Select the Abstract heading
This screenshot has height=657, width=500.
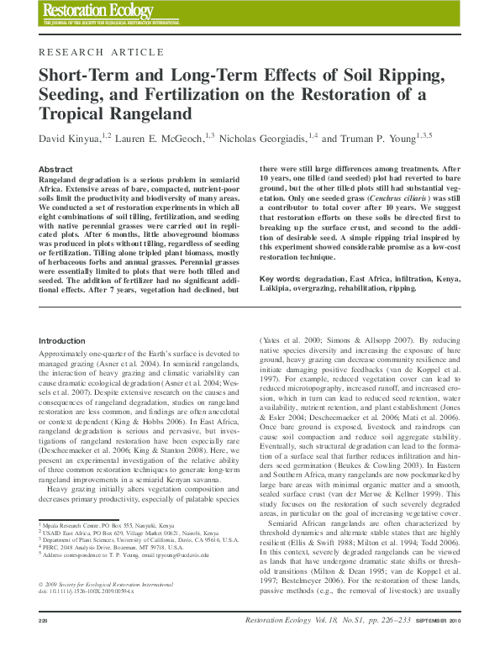pos(55,169)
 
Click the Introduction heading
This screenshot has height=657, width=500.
pos(62,340)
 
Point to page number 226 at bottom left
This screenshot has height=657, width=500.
pos(44,644)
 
